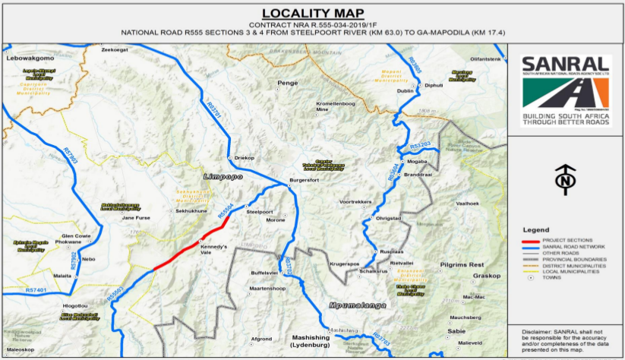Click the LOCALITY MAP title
coord(311,13)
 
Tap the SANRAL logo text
coord(566,65)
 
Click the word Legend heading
coord(536,229)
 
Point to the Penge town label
coord(287,82)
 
